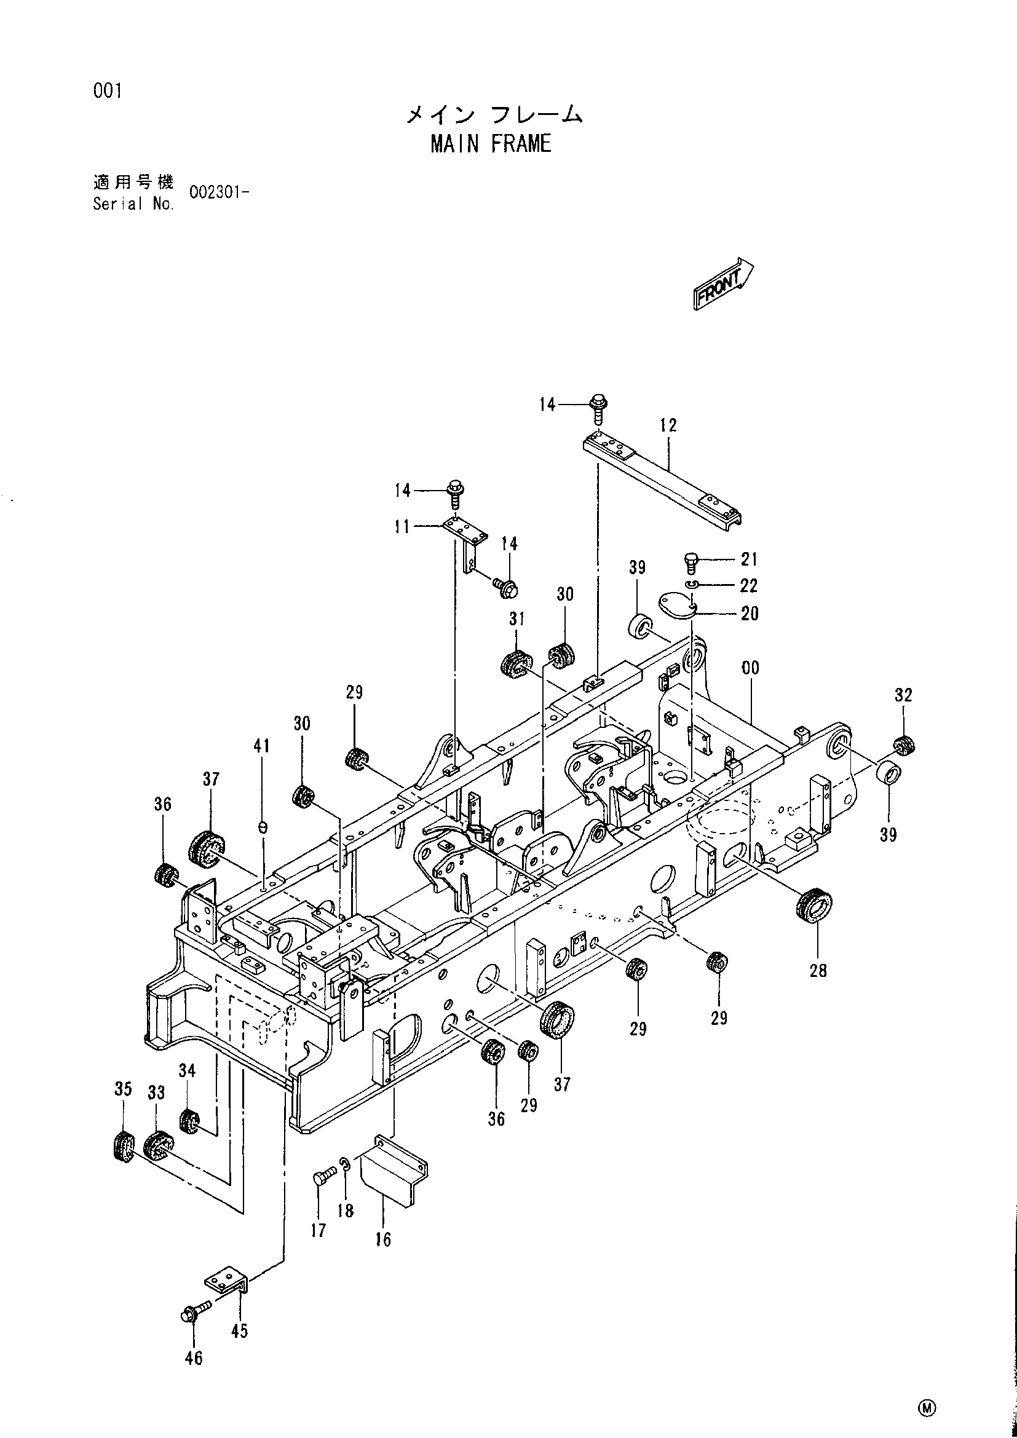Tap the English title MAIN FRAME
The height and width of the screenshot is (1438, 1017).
click(491, 144)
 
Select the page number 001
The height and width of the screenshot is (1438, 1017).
click(107, 92)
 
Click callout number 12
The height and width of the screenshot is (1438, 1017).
click(668, 425)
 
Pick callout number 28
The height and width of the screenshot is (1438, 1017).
click(818, 971)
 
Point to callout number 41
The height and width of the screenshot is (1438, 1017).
click(261, 745)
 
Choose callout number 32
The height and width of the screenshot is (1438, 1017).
click(903, 695)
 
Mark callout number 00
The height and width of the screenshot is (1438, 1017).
click(750, 668)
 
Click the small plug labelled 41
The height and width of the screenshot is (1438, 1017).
click(263, 828)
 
